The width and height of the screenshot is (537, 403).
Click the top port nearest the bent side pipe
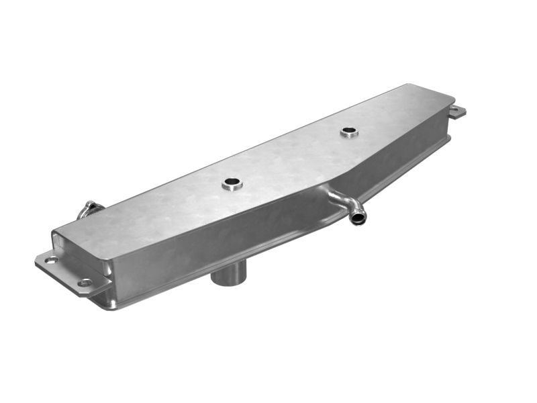pyautogui.click(x=349, y=132)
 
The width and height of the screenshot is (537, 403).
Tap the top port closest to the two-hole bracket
pyautogui.click(x=232, y=183)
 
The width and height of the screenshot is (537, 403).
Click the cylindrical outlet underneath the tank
pyautogui.click(x=228, y=274)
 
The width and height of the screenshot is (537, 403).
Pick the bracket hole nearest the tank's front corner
pyautogui.click(x=85, y=283)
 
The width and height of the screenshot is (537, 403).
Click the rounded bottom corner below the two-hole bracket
pyautogui.click(x=107, y=302)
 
